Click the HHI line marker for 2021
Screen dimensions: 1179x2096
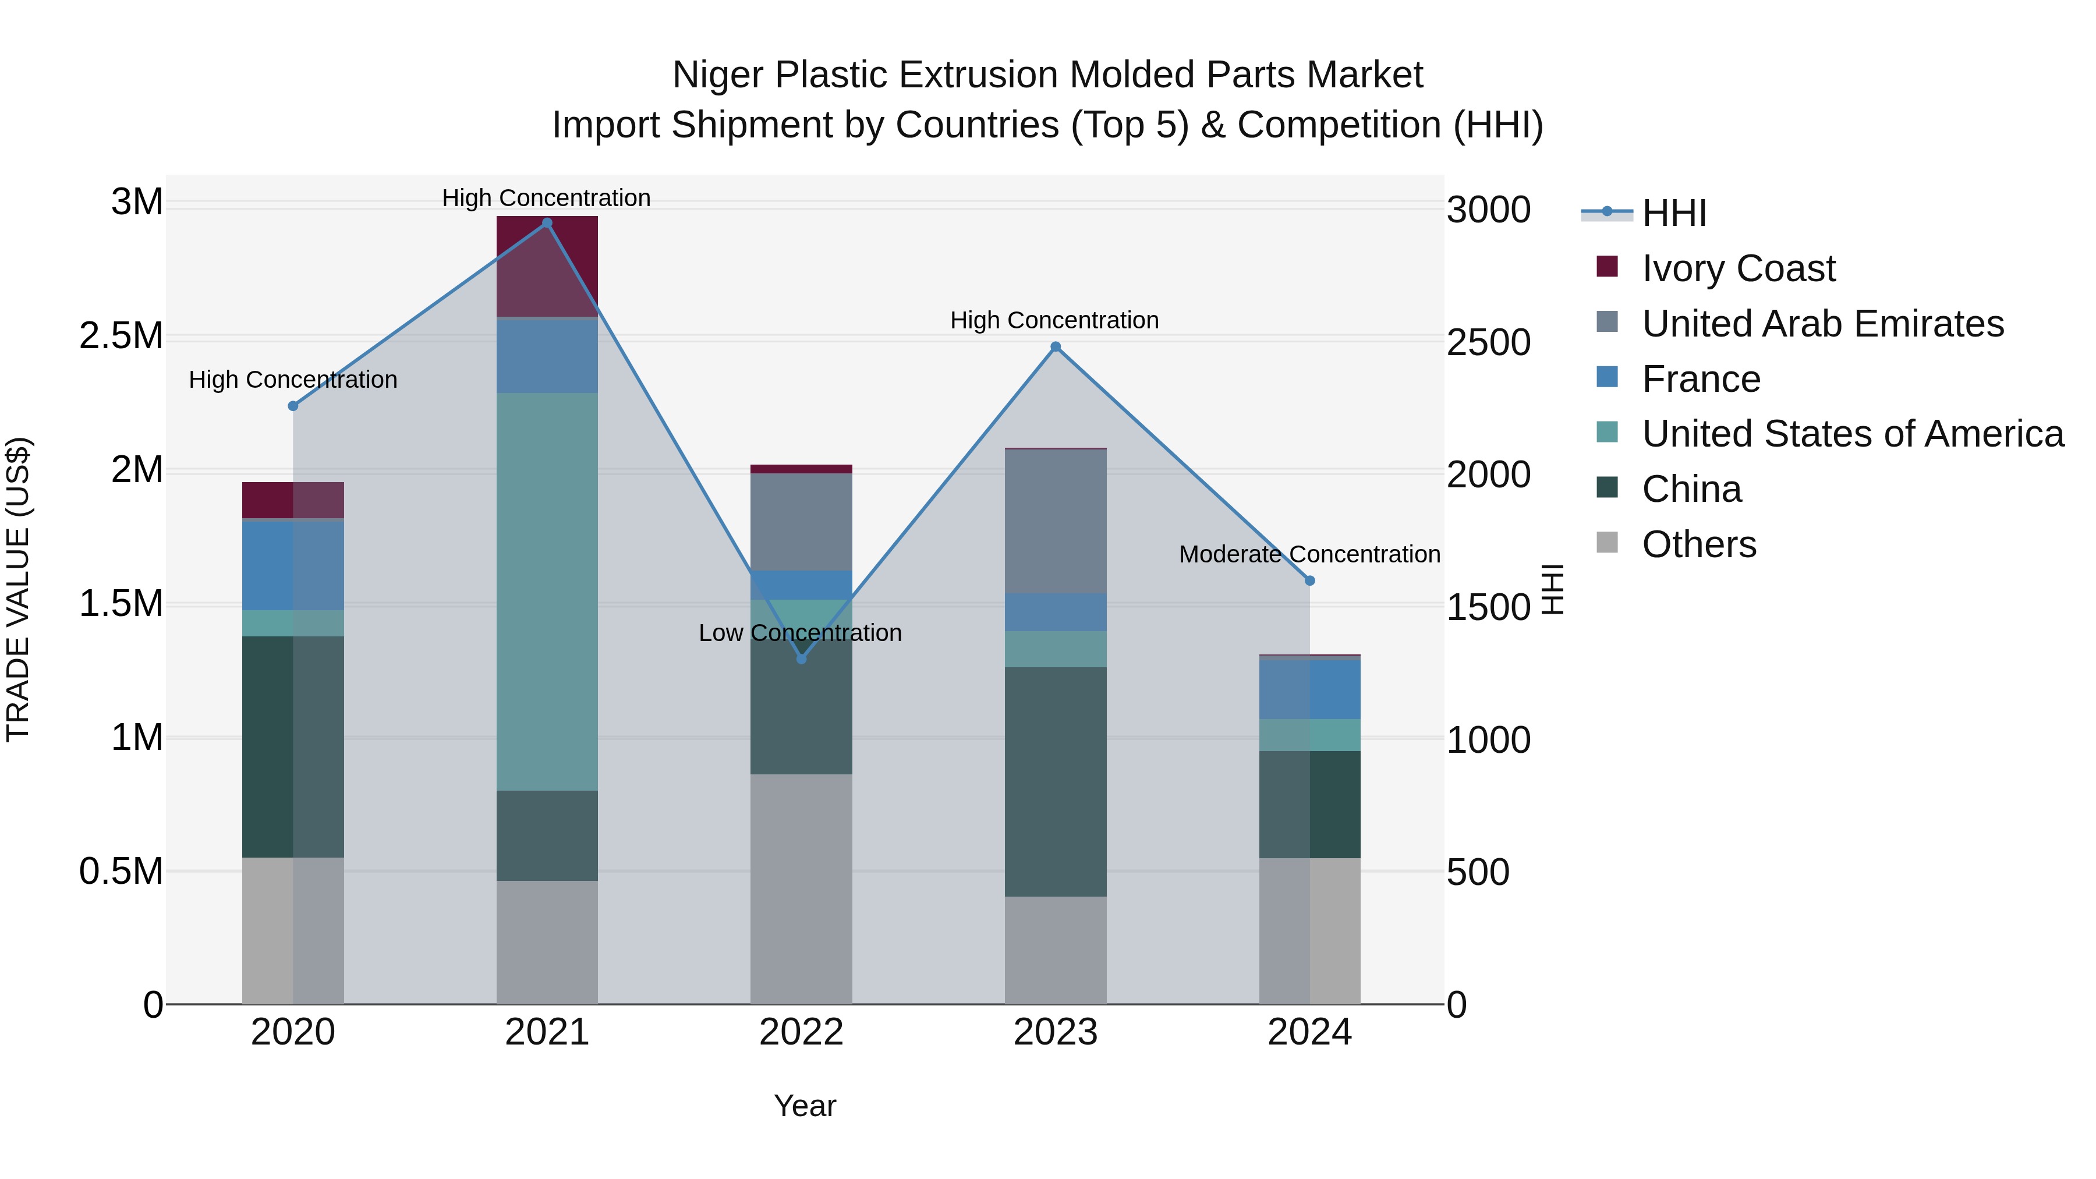[547, 223]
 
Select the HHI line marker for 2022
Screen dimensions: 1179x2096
[802, 658]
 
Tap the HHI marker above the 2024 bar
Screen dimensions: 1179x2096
[1310, 581]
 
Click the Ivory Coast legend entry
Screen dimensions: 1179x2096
[1738, 268]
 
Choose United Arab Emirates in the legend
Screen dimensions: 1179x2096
[1822, 324]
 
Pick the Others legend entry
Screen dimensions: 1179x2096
[1699, 544]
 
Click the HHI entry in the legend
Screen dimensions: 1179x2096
[1674, 213]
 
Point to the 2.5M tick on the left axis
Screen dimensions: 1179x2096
[121, 336]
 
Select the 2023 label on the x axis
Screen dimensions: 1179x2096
[1056, 1032]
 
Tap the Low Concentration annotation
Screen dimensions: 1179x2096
[800, 633]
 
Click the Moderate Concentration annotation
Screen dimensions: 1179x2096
[1309, 554]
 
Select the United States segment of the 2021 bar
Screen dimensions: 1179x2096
[547, 592]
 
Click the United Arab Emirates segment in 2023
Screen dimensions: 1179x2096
[1056, 521]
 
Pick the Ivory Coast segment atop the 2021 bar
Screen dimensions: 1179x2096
[547, 266]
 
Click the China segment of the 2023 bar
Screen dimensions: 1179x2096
[1056, 781]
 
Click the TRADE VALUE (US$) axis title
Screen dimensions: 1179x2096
[18, 589]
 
